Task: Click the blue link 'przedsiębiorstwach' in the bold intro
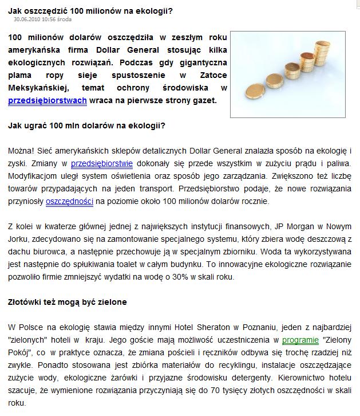pyautogui.click(x=48, y=100)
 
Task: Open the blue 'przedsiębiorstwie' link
pyautogui.click(x=102, y=163)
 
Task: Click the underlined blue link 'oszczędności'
pyautogui.click(x=69, y=202)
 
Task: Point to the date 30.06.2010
pyautogui.click(x=26, y=19)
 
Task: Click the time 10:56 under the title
pyautogui.click(x=47, y=19)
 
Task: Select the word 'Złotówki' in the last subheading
pyautogui.click(x=27, y=301)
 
